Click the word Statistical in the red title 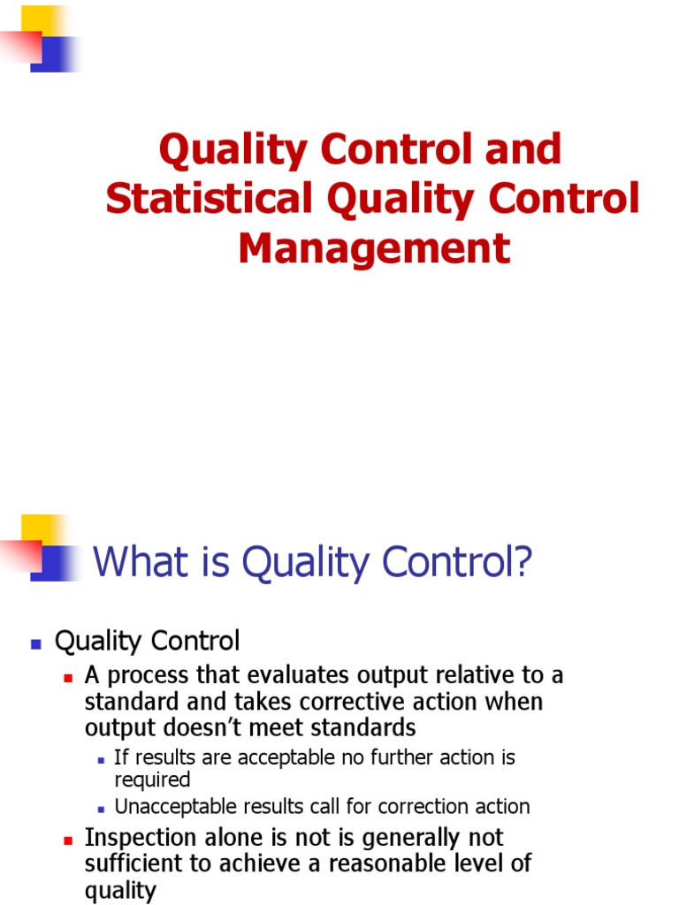click(209, 199)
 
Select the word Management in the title click(374, 248)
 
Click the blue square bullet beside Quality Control click(36, 644)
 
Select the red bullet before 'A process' click(68, 678)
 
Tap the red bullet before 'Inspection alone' click(68, 840)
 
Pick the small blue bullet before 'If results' click(102, 759)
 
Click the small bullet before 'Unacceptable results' click(102, 809)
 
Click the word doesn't click(182, 727)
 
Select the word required click(152, 780)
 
